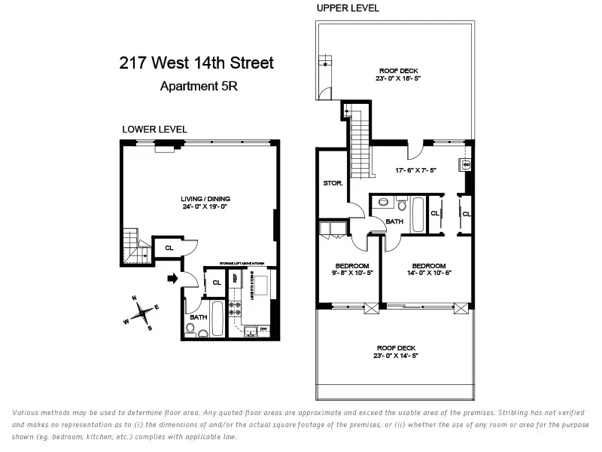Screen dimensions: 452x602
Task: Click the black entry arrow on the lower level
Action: pyautogui.click(x=172, y=279)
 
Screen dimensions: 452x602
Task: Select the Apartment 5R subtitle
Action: pyautogui.click(x=199, y=86)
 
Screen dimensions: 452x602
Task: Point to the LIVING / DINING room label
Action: pyautogui.click(x=199, y=199)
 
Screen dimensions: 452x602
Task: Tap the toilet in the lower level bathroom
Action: pyautogui.click(x=190, y=328)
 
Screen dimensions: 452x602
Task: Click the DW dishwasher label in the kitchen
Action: pyautogui.click(x=263, y=329)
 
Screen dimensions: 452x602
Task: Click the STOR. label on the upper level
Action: pyautogui.click(x=333, y=183)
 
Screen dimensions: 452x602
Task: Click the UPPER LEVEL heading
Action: pyautogui.click(x=348, y=8)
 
